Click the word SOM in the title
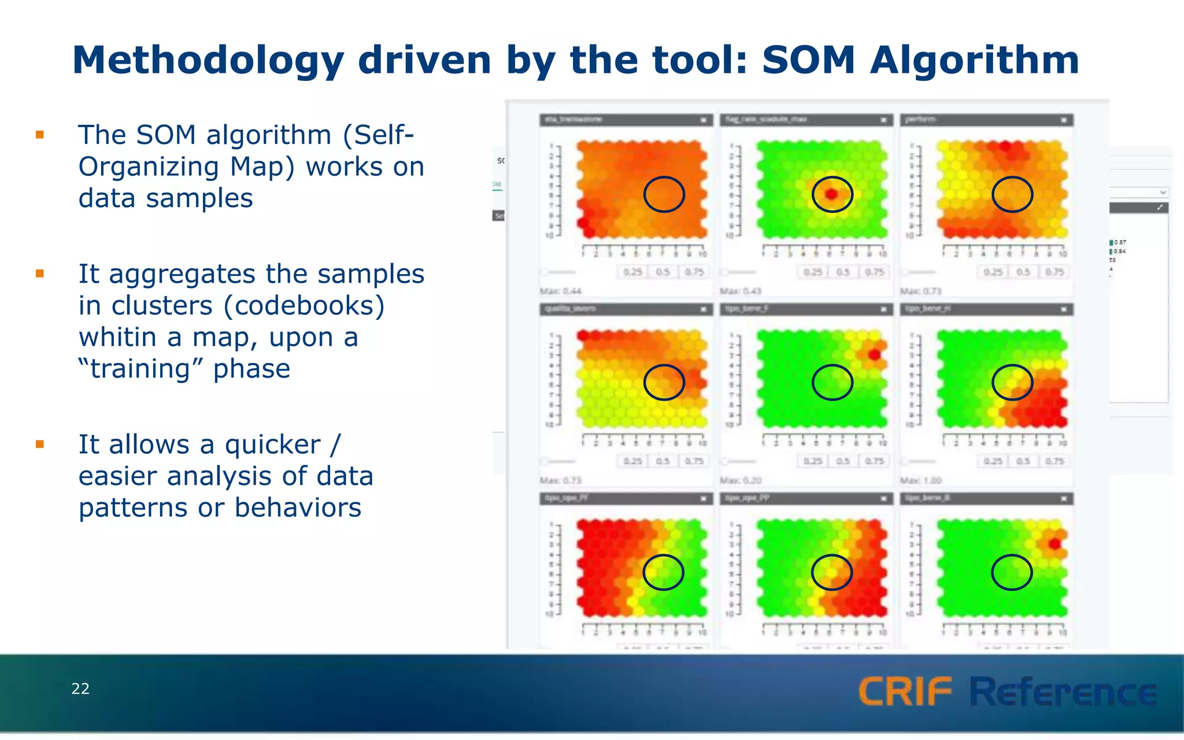pyautogui.click(x=808, y=60)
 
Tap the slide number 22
pyautogui.click(x=80, y=689)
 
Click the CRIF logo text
pyautogui.click(x=905, y=692)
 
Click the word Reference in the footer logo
pyautogui.click(x=1063, y=692)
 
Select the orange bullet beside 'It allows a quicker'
pyautogui.click(x=40, y=444)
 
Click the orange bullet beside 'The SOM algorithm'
pyautogui.click(x=40, y=135)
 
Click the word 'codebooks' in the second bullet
pyautogui.click(x=304, y=306)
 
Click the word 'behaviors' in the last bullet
pyautogui.click(x=298, y=508)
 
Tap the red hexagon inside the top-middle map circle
pyautogui.click(x=831, y=194)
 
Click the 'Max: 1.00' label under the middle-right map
pyautogui.click(x=921, y=480)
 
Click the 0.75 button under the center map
pyautogui.click(x=874, y=461)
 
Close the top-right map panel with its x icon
pyautogui.click(x=1064, y=120)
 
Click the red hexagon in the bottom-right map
pyautogui.click(x=1054, y=544)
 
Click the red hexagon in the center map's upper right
pyautogui.click(x=874, y=354)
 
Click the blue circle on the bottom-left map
pyautogui.click(x=664, y=572)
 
